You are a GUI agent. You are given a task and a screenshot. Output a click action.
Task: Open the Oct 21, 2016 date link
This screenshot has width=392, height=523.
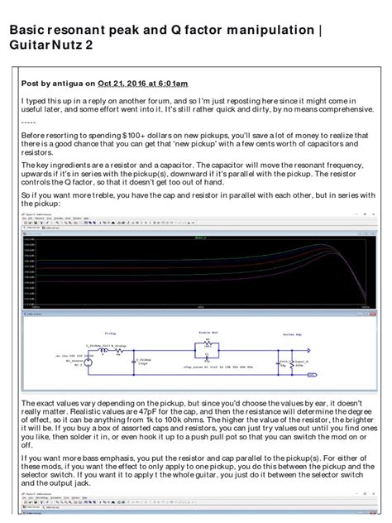(124, 83)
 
